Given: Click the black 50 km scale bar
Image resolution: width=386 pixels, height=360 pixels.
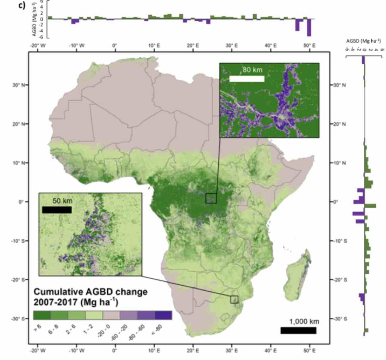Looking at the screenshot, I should [x=57, y=210].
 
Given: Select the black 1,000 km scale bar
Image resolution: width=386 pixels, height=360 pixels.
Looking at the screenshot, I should [x=298, y=330].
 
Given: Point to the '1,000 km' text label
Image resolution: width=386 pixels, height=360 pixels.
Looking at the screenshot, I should [x=304, y=322].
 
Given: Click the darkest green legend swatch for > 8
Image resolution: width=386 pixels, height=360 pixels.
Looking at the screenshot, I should [x=41, y=315].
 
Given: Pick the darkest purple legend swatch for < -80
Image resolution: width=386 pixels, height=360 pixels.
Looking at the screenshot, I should [x=163, y=315].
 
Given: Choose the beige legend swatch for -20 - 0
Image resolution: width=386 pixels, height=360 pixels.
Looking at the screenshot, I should [x=111, y=315].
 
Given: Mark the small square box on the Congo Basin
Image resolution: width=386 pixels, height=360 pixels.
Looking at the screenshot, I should [x=211, y=198].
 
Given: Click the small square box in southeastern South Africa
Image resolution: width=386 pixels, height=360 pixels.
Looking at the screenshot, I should [x=234, y=299].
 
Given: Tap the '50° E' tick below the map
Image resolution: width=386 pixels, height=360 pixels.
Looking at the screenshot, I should [x=309, y=350].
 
